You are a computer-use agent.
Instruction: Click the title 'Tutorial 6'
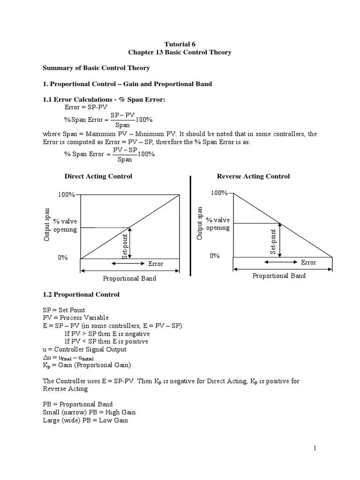pyautogui.click(x=180, y=44)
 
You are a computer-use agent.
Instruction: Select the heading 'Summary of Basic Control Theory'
pyautogui.click(x=96, y=68)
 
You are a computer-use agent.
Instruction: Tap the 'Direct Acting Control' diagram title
pyautogui.click(x=98, y=176)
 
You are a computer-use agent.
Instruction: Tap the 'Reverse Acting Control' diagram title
pyautogui.click(x=253, y=176)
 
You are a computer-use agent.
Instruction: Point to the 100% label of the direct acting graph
pyautogui.click(x=67, y=195)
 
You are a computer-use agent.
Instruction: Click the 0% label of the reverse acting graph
pyautogui.click(x=215, y=255)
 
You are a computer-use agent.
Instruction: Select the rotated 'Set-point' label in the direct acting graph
pyautogui.click(x=125, y=245)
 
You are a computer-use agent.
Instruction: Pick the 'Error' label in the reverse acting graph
pyautogui.click(x=308, y=262)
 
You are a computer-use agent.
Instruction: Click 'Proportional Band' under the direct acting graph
pyautogui.click(x=129, y=278)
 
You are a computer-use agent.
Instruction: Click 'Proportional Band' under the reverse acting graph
pyautogui.click(x=279, y=276)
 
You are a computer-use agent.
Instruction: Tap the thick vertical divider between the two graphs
pyautogui.click(x=190, y=226)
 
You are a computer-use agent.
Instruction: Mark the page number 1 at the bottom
pyautogui.click(x=315, y=448)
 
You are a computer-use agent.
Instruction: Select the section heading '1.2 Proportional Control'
pyautogui.click(x=81, y=295)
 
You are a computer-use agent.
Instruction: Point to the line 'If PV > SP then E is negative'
pyautogui.click(x=107, y=334)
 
